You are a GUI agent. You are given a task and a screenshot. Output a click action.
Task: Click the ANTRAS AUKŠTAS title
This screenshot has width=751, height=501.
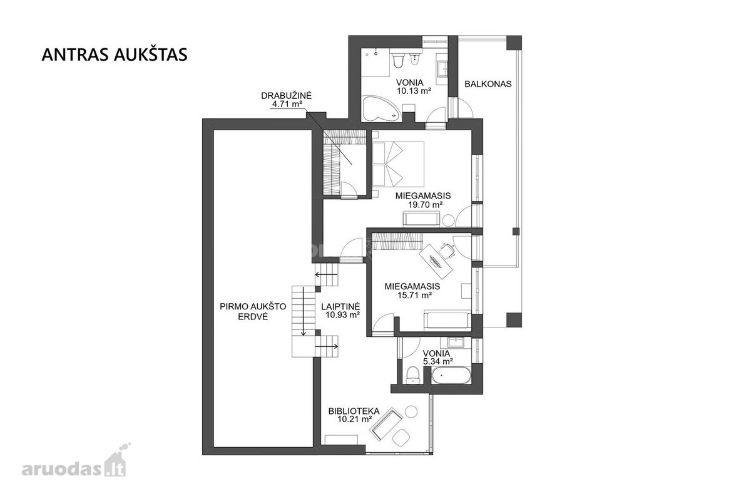pyautogui.click(x=115, y=54)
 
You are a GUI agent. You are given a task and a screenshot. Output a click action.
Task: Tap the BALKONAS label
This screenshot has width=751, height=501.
pyautogui.click(x=488, y=84)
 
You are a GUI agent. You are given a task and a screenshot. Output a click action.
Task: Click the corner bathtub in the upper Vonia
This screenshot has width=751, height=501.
pyautogui.click(x=381, y=109)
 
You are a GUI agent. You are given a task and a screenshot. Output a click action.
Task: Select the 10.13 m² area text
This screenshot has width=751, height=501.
pyautogui.click(x=414, y=91)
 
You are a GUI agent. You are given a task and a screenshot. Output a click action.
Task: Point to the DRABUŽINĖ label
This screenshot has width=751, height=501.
pyautogui.click(x=287, y=96)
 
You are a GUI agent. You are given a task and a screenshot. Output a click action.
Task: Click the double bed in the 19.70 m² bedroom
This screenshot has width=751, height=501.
pyautogui.click(x=398, y=163)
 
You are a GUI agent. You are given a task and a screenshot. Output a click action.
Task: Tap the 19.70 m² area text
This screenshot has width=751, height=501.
pyautogui.click(x=425, y=204)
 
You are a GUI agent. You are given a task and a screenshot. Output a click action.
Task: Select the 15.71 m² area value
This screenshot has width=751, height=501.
pyautogui.click(x=414, y=296)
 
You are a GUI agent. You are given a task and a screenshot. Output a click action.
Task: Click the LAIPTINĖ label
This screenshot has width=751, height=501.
pyautogui.click(x=340, y=306)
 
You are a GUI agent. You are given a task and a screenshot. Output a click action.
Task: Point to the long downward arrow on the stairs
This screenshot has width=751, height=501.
pyautogui.click(x=304, y=311)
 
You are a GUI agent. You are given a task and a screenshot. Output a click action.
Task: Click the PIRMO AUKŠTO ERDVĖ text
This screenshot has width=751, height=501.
pyautogui.click(x=253, y=311)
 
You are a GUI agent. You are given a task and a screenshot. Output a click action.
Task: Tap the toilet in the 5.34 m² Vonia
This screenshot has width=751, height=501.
pyautogui.click(x=412, y=375)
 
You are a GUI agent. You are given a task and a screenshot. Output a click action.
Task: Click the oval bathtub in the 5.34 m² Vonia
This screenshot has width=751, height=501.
pyautogui.click(x=451, y=375)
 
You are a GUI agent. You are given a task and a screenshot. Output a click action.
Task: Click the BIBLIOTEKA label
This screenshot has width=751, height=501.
pyautogui.click(x=354, y=411)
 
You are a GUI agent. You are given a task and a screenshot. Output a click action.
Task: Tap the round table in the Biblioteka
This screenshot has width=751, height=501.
pyautogui.click(x=411, y=411)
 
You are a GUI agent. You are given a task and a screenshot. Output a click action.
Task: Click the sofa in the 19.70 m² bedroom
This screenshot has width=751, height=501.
pyautogui.click(x=421, y=219)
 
